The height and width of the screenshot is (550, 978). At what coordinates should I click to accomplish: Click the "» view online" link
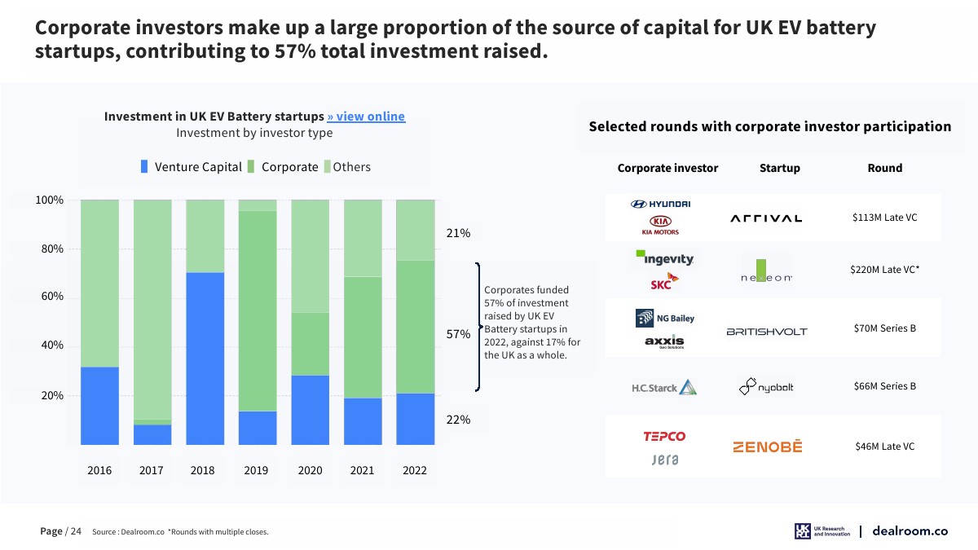(366, 117)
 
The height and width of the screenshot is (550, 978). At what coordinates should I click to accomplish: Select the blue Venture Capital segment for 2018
(205, 359)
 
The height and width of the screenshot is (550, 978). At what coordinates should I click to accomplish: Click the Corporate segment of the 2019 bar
(258, 310)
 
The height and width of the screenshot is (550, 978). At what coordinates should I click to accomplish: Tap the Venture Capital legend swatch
(144, 167)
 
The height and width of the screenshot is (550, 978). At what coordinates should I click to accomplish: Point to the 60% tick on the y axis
(52, 297)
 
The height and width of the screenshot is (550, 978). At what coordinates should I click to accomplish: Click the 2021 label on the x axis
(362, 470)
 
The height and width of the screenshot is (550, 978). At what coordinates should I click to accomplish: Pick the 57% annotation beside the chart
(458, 334)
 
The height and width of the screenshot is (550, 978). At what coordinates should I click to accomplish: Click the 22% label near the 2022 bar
(458, 420)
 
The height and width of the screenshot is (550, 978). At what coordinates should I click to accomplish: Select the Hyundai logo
(661, 204)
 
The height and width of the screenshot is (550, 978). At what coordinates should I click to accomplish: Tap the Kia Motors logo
(661, 225)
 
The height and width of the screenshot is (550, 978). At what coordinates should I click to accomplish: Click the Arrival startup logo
(766, 218)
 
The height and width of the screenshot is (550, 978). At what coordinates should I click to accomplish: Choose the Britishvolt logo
(766, 332)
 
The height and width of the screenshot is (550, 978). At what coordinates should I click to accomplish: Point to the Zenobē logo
(767, 447)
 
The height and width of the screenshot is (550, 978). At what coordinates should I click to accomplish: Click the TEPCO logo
(664, 436)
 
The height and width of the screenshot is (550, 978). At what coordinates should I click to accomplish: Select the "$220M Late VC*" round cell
(885, 269)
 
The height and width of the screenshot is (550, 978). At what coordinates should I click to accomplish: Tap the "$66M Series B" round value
(885, 385)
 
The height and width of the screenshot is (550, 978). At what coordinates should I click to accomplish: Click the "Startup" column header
(779, 168)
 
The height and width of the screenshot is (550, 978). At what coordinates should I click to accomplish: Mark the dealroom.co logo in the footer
(910, 531)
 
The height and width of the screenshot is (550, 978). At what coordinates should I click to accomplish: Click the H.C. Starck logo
(663, 387)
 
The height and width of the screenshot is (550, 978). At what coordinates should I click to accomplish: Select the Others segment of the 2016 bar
(99, 283)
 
